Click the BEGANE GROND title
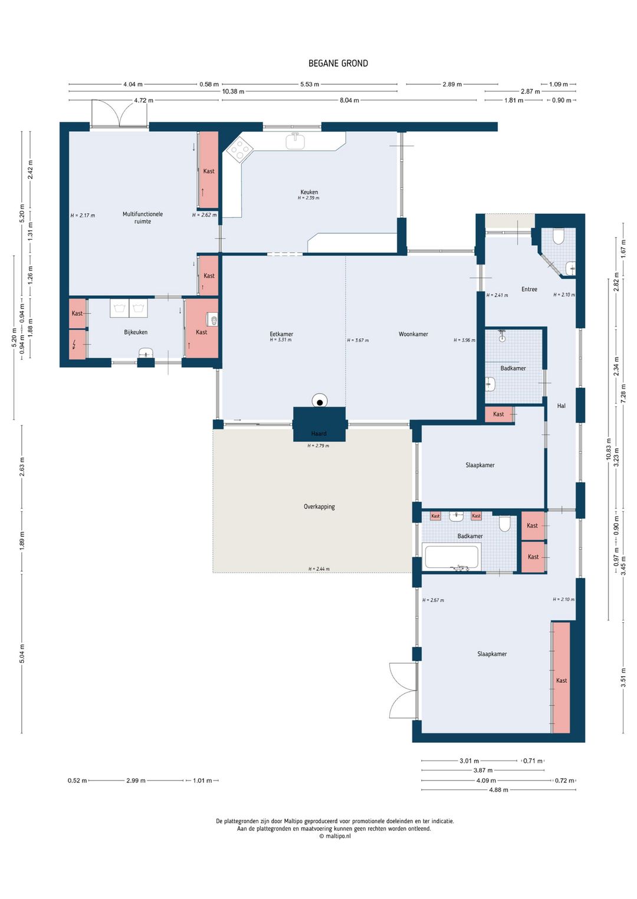point(338,64)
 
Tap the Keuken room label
point(309,192)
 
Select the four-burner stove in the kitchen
point(239,149)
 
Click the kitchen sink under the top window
point(295,141)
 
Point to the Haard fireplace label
point(318,434)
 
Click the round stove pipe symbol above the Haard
point(320,401)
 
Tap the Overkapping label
point(319,507)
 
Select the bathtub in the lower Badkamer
point(451,556)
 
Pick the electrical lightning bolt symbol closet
point(77,345)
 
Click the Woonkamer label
point(413,334)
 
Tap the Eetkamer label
point(281,334)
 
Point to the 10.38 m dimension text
point(233,91)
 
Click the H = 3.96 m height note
point(464,341)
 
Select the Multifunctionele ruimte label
point(143,217)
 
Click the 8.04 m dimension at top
point(349,100)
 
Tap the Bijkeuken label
point(136,332)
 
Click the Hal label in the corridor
point(562,406)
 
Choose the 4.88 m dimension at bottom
point(498,790)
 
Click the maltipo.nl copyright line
point(335,836)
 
